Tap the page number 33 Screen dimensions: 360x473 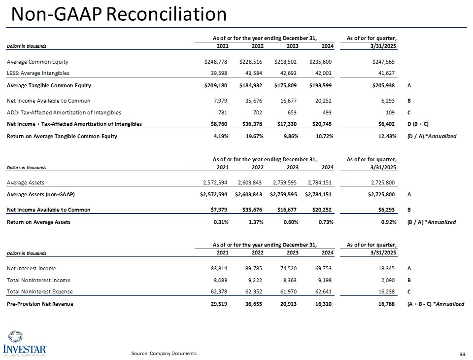pyautogui.click(x=462, y=354)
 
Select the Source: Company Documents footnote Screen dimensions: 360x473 pyautogui.click(x=164, y=353)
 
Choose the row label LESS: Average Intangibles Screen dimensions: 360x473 pyautogui.click(x=38, y=73)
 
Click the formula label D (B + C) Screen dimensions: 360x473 pyautogui.click(x=419, y=124)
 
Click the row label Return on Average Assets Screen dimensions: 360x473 pyautogui.click(x=38, y=222)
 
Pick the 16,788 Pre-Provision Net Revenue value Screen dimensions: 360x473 pyautogui.click(x=387, y=304)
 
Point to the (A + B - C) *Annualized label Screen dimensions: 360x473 pyautogui.click(x=436, y=304)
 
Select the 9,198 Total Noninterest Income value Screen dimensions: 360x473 pyautogui.click(x=325, y=280)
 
